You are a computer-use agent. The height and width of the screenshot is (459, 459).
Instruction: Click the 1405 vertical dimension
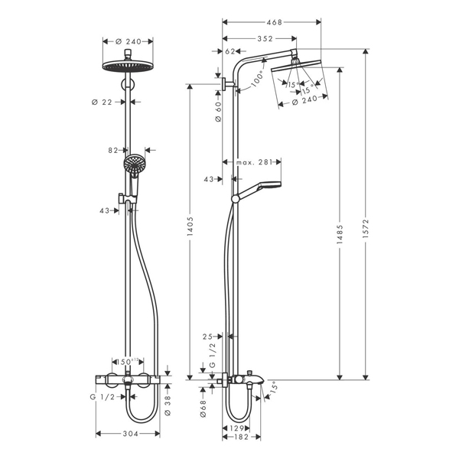tap(190, 226)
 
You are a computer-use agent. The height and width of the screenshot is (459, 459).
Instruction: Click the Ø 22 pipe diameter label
tap(109, 100)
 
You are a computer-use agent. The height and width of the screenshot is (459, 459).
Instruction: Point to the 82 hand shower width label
tap(112, 150)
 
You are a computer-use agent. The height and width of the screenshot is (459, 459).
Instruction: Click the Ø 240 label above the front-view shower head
tap(128, 41)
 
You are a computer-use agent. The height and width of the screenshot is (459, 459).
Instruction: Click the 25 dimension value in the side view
tap(207, 336)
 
